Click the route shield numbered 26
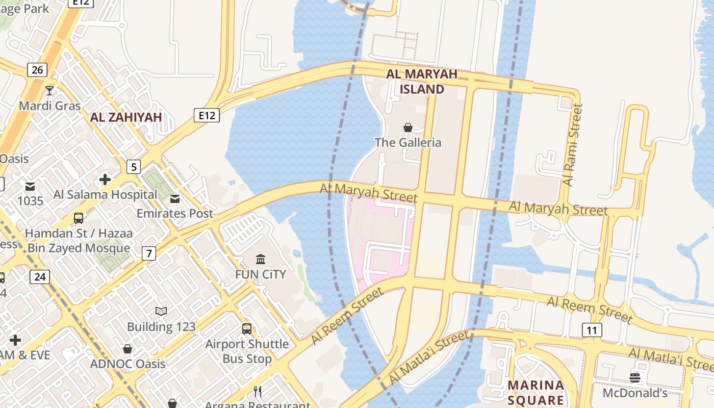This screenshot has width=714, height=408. (x=37, y=69)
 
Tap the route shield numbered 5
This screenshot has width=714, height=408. (x=134, y=166)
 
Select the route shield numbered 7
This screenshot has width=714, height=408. (x=148, y=253)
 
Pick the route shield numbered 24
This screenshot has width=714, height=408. (x=39, y=277)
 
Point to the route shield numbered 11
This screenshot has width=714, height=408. (x=592, y=330)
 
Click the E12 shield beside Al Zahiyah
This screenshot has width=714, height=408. (x=207, y=115)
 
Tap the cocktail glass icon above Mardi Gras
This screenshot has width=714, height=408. (x=49, y=91)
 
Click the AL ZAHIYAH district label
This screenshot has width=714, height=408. (x=126, y=117)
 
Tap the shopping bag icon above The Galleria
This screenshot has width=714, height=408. (x=408, y=127)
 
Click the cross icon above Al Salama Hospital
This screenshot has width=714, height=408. (x=105, y=180)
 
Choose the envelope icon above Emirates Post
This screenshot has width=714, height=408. (x=175, y=198)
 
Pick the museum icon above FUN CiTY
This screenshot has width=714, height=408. (x=261, y=259)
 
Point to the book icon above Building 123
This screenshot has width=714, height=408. (x=161, y=311)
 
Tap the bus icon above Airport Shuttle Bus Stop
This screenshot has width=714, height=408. (x=247, y=329)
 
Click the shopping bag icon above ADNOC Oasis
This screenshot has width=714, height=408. (x=127, y=349)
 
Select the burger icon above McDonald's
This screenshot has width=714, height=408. (x=635, y=377)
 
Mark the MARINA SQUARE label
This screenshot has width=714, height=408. (x=536, y=392)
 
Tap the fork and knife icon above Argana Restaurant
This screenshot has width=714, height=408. (x=258, y=391)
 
